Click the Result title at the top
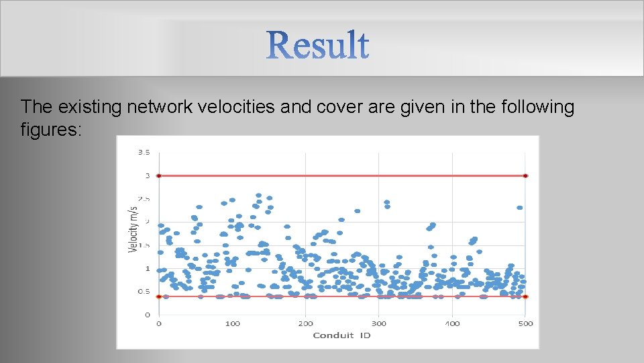pos(318,45)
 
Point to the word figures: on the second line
pos(51,129)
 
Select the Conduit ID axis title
pos(341,335)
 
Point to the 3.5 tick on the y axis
pos(144,153)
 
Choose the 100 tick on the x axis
pos(232,324)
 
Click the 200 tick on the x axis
pos(305,324)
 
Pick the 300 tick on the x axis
pos(379,324)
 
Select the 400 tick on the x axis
pos(452,324)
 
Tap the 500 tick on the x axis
pos(525,324)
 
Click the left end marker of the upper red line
pos(159,175)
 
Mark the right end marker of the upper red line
pos(525,175)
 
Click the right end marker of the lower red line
pos(525,296)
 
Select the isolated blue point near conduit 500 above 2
pos(520,208)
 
